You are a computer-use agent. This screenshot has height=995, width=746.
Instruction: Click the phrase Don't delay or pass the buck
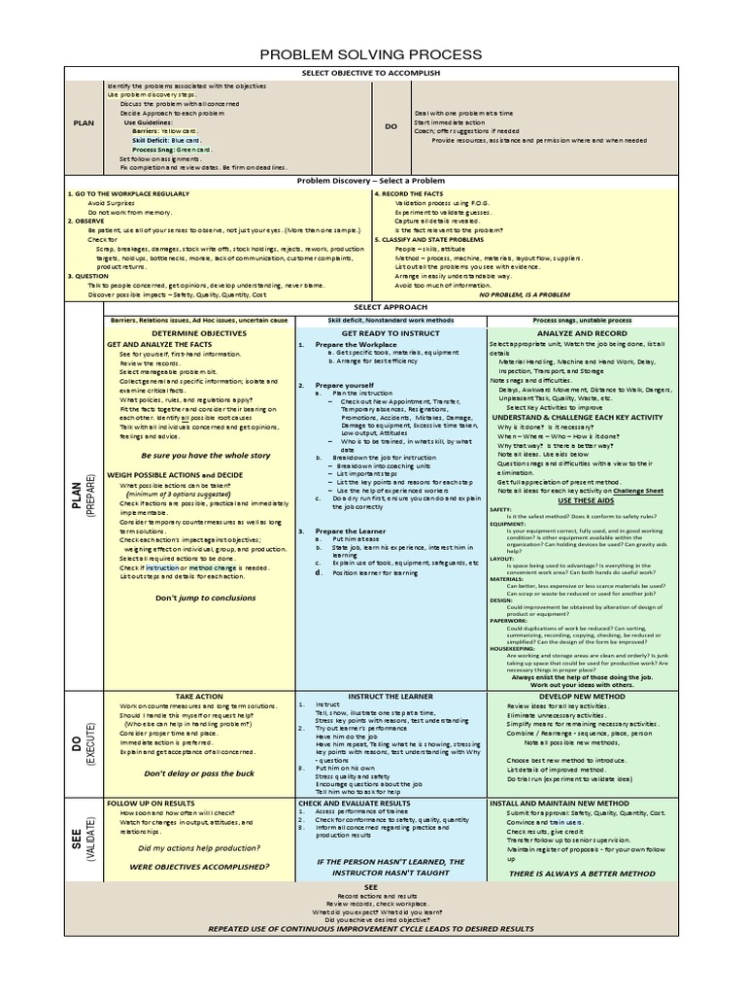tap(198, 773)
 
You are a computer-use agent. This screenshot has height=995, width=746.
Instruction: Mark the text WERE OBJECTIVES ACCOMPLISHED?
tap(199, 865)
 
